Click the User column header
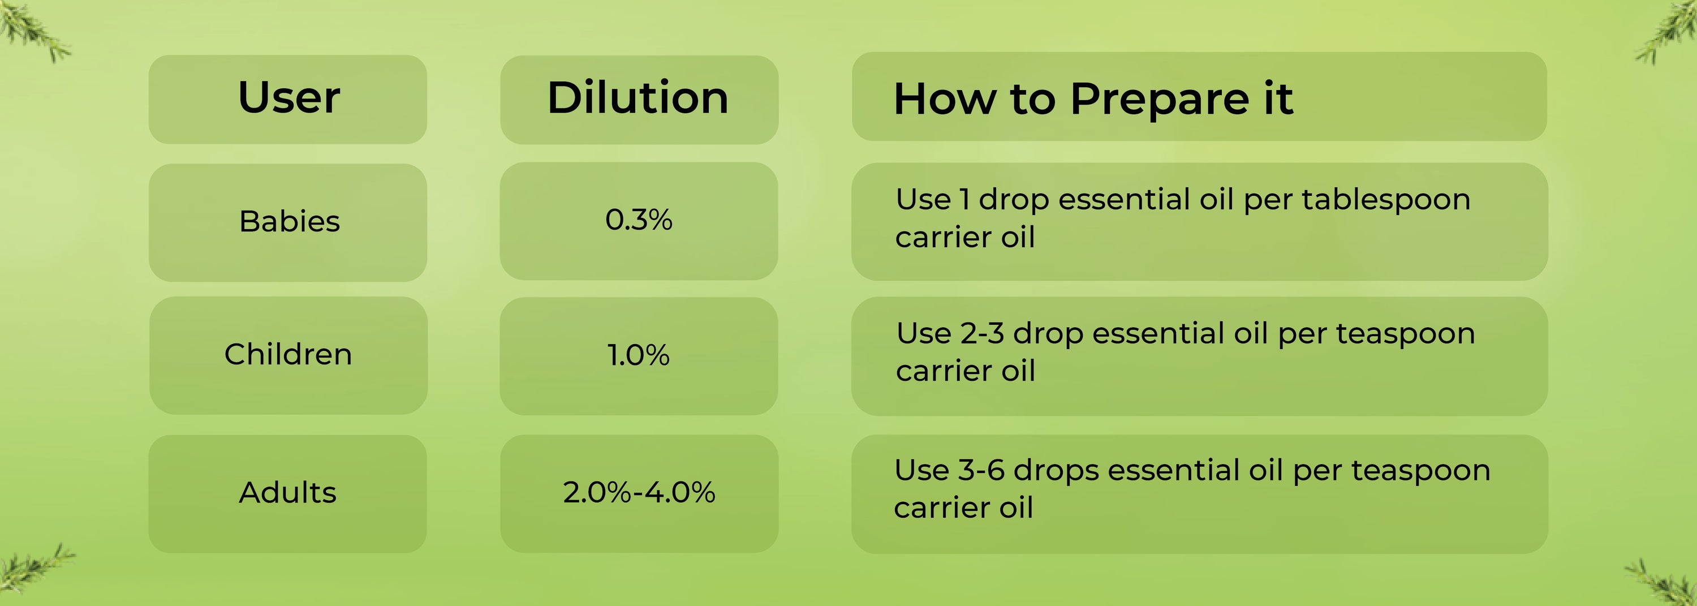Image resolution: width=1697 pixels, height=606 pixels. [x=288, y=97]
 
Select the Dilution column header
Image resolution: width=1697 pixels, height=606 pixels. [x=638, y=97]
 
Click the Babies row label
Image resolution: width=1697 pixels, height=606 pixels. [x=289, y=221]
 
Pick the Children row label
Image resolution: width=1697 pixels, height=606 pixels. [x=288, y=354]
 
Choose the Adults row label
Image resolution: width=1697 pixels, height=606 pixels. [x=287, y=493]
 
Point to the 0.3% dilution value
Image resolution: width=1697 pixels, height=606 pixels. [x=638, y=220]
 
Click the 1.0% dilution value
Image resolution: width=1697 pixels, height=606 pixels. [x=638, y=355]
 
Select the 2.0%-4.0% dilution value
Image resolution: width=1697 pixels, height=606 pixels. [x=638, y=493]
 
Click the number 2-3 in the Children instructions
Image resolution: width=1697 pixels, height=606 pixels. [x=982, y=334]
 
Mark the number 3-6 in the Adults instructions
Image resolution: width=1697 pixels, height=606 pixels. [x=981, y=470]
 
